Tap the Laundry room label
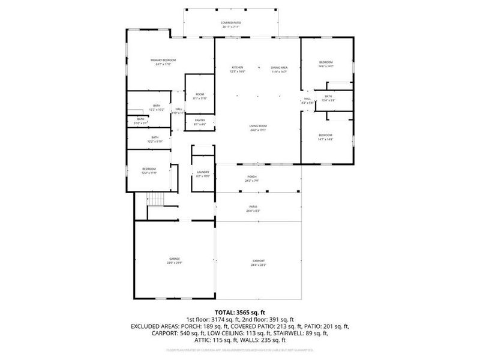coord(202,173)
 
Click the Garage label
coord(174,260)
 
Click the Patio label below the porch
coord(253,208)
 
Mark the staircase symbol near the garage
coord(156,199)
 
